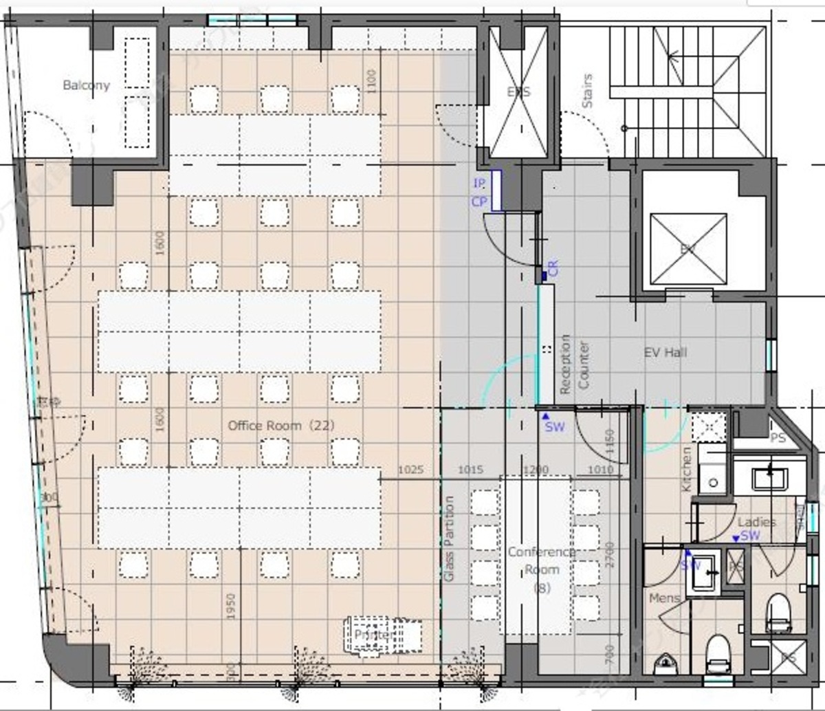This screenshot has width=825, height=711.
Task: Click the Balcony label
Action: (x=86, y=85)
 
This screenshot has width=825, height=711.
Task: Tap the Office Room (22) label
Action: (x=281, y=426)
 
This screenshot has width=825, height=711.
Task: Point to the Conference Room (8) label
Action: (x=542, y=569)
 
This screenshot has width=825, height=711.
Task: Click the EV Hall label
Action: (x=665, y=353)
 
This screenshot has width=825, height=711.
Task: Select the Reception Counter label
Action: (x=575, y=364)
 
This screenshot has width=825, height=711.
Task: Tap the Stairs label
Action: (x=587, y=91)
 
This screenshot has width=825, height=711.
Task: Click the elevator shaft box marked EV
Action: (x=688, y=248)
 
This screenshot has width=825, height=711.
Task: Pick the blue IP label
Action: (x=479, y=184)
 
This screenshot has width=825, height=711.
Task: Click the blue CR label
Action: (x=554, y=268)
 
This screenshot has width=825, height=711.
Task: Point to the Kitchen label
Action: (x=686, y=469)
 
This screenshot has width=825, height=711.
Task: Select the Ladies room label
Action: (x=756, y=523)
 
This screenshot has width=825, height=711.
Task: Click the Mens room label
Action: (x=665, y=598)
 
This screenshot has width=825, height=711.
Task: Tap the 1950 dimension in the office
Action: (x=231, y=606)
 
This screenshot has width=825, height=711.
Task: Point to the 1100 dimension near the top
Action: (x=372, y=82)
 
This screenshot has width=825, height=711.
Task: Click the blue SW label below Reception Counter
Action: (x=554, y=426)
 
